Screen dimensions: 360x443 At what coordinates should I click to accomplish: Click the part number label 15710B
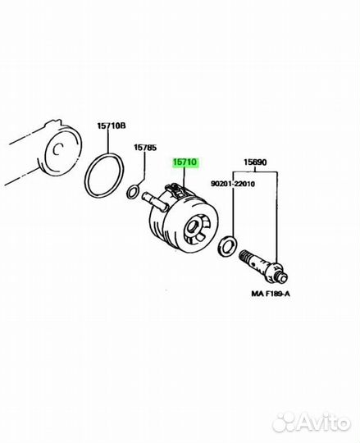pos(112,126)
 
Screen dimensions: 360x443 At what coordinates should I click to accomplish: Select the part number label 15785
pos(145,148)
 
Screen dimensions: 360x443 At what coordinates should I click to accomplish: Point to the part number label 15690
pos(255,162)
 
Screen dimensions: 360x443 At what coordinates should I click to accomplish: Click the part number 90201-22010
pos(233,184)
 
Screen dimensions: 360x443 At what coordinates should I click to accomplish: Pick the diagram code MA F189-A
pos(271,294)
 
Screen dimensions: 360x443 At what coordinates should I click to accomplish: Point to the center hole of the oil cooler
pos(193,226)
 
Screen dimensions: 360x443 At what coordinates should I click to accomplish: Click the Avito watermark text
pos(324,423)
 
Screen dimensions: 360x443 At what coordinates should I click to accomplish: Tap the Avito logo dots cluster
pos(285,422)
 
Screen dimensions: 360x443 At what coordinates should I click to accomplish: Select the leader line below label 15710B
pos(108,142)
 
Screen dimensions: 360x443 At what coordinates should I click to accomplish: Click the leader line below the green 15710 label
pos(184,177)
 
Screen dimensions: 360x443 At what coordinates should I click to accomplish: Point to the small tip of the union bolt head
pos(284,278)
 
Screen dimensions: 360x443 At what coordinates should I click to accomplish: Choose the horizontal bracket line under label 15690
pos(255,172)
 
